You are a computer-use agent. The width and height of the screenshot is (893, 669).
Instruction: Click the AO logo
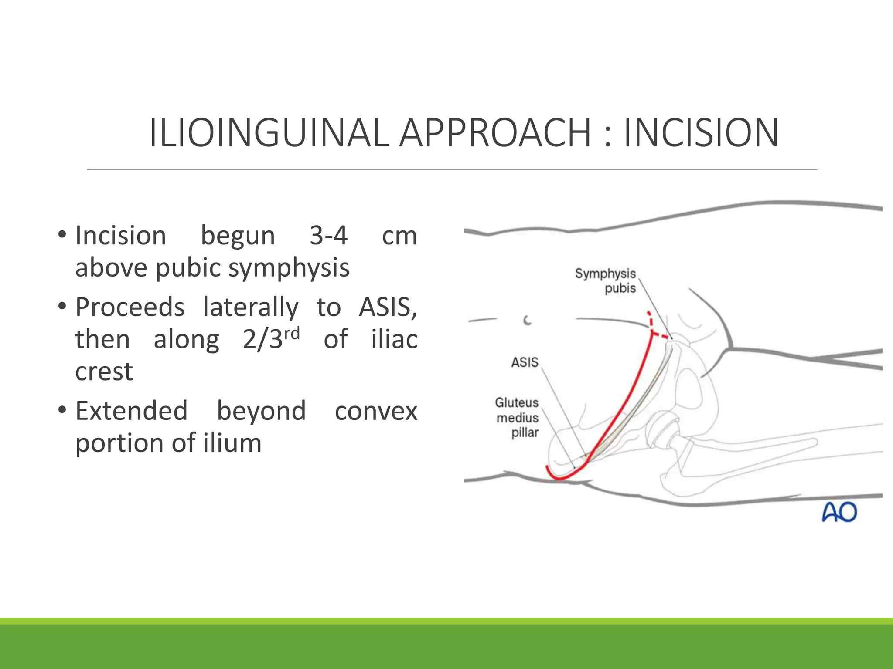click(x=839, y=512)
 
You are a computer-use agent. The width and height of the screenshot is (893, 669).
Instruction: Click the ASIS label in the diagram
click(x=525, y=362)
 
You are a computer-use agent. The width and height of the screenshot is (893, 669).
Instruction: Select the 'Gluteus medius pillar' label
click(x=517, y=417)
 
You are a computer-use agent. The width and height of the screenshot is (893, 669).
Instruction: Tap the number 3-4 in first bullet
click(x=328, y=236)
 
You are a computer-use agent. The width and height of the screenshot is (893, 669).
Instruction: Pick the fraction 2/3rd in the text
click(x=271, y=339)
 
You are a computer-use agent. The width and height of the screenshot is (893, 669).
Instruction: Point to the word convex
click(x=376, y=411)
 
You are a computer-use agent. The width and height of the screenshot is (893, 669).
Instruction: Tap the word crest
click(x=104, y=372)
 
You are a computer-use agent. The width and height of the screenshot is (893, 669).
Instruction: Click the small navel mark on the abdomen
click(x=528, y=321)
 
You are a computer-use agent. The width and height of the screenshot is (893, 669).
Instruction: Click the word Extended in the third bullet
click(x=131, y=411)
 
